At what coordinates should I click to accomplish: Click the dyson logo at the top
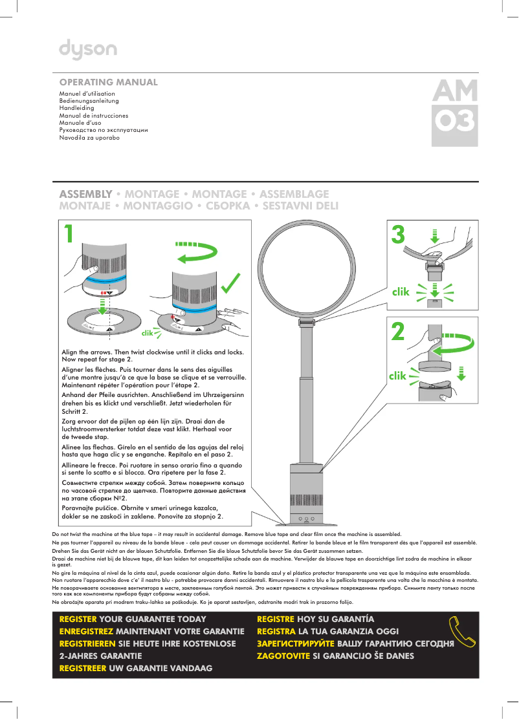(88, 50)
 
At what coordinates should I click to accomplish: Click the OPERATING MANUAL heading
(109, 83)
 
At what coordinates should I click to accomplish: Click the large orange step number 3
(399, 235)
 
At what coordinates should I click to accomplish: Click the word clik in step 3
(401, 292)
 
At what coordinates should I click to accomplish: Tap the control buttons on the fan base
(306, 519)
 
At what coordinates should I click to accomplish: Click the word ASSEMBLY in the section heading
(85, 194)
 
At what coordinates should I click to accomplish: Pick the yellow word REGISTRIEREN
(88, 644)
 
